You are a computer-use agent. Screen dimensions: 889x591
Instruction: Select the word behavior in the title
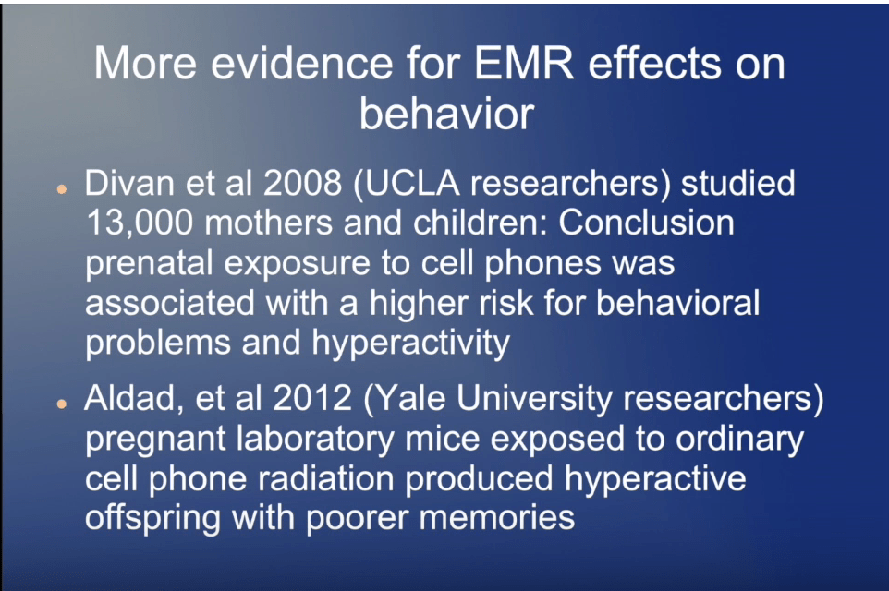point(446,113)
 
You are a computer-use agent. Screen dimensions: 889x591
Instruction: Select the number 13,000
point(140,223)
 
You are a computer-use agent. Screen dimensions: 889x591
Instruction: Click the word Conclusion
point(646,223)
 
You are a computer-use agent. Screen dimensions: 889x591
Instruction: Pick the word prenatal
point(149,264)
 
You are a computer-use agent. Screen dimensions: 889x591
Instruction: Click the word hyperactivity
point(411,344)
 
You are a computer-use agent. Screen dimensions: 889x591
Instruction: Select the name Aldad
point(133,399)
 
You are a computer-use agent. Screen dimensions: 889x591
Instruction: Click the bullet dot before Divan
point(62,190)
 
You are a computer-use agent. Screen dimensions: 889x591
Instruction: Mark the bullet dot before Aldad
point(62,404)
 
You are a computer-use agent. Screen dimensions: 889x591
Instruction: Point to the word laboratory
point(315,440)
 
